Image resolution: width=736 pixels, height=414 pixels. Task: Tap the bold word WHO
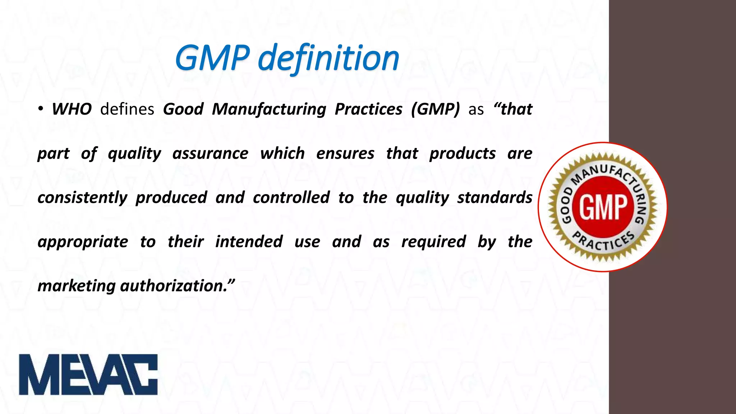point(72,109)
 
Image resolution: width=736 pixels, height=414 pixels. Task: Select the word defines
point(127,109)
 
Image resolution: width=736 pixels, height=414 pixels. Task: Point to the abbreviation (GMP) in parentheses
point(435,109)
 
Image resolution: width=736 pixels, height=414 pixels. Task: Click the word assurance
point(210,153)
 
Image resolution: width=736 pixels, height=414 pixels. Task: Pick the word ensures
point(345,153)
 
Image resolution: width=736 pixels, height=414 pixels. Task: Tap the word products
point(463,153)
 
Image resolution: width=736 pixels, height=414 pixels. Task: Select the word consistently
point(82,198)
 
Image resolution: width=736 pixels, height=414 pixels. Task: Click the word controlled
point(291,198)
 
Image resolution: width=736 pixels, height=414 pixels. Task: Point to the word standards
point(494,198)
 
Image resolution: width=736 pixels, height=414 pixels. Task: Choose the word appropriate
point(83,242)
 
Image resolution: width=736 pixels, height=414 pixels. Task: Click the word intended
point(249,241)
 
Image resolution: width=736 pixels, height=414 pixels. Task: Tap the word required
point(433,241)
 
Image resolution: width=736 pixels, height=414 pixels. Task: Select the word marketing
point(76,286)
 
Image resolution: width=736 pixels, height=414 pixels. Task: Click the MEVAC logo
point(88,374)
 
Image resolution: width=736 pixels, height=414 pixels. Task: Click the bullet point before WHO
point(41,109)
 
